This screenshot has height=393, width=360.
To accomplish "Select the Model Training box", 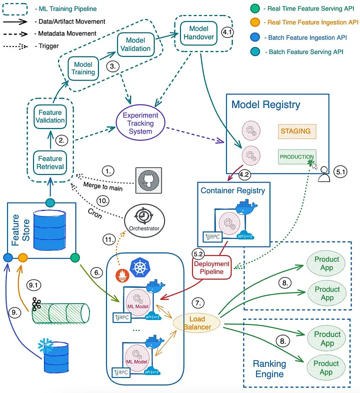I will (83, 68).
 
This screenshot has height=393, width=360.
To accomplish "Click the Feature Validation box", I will (50, 116).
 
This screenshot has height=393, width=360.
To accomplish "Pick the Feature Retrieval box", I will (50, 162).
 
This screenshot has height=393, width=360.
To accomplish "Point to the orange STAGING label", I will (295, 131).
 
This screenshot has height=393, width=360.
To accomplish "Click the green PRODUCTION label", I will (297, 156).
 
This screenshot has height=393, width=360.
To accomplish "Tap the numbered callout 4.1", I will (227, 32).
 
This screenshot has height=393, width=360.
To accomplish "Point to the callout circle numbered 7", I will (198, 303).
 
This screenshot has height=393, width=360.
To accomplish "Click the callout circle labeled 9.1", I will (35, 285).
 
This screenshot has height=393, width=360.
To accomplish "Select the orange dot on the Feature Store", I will (22, 257).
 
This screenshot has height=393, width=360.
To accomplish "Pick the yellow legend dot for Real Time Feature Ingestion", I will (254, 22).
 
